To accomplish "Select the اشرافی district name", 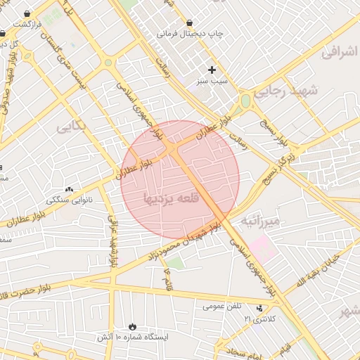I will click(x=340, y=53).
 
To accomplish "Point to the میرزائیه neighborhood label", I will click(x=260, y=221).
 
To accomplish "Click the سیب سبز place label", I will click(x=212, y=82).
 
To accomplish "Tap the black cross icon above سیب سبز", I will click(x=212, y=70).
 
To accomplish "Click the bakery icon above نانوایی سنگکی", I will click(x=69, y=188).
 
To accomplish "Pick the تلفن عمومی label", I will click(x=222, y=306).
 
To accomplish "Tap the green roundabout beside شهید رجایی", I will click(x=245, y=101).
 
